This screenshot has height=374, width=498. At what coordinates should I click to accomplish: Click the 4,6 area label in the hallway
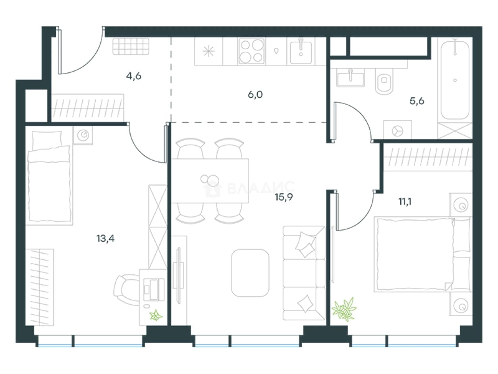click(x=133, y=76)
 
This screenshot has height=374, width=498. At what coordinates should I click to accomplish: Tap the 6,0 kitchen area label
click(x=255, y=95)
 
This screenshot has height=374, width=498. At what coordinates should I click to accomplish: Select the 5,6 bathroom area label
click(x=417, y=101)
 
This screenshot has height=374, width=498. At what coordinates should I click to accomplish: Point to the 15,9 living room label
click(x=284, y=197)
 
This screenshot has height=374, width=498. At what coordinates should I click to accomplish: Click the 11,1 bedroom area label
click(x=405, y=202)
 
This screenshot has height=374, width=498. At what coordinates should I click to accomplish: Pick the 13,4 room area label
click(x=106, y=238)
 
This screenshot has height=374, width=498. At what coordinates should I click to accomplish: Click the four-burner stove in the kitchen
click(x=251, y=51)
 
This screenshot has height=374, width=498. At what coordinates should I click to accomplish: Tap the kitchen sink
click(x=301, y=52)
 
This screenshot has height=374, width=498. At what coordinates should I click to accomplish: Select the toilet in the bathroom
click(x=384, y=81)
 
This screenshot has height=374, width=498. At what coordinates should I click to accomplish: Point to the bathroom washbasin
click(x=351, y=78)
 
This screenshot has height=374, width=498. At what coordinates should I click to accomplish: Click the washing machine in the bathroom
click(x=398, y=130)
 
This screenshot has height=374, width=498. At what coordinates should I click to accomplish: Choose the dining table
click(x=210, y=181)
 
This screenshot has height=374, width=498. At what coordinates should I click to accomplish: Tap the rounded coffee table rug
click(x=250, y=273)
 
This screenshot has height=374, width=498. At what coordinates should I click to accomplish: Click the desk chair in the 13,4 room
click(x=126, y=290)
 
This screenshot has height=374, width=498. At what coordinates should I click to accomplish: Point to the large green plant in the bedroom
click(x=344, y=309)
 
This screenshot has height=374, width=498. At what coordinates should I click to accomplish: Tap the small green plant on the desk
click(x=156, y=316)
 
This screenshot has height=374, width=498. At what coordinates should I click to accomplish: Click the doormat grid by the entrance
click(x=131, y=47)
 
